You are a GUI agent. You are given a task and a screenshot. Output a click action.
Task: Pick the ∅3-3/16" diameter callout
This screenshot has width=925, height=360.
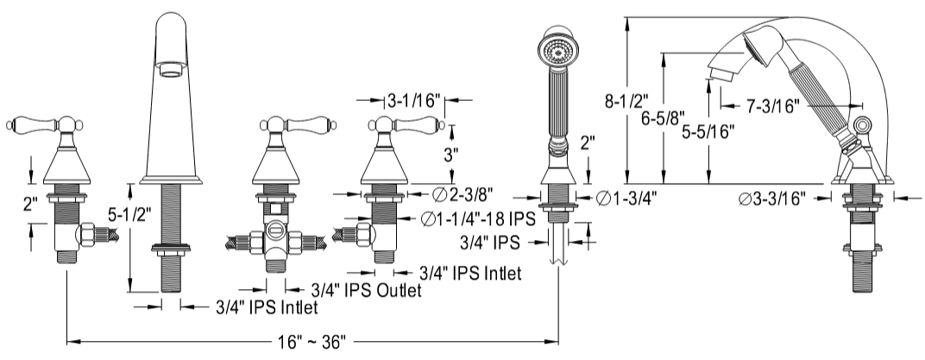pyautogui.click(x=773, y=199)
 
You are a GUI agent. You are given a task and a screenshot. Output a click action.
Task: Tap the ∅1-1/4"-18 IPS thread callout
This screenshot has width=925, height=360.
pyautogui.click(x=479, y=218)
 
